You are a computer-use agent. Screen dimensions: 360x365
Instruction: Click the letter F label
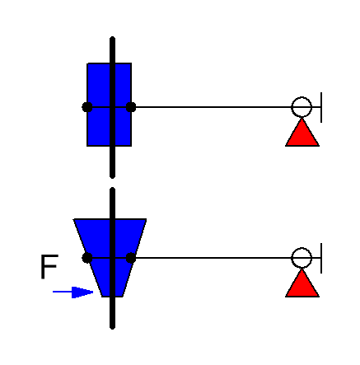coord(49,267)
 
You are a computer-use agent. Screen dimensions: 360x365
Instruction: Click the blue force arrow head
coord(82,292)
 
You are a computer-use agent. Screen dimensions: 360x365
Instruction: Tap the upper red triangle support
coord(302,133)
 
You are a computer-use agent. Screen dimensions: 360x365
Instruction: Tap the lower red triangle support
coord(302,283)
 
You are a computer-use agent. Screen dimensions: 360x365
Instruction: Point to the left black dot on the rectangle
coord(87,107)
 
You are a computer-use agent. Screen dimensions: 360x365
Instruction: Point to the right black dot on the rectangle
coord(131,107)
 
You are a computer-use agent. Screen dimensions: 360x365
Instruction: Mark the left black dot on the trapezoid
coord(87,258)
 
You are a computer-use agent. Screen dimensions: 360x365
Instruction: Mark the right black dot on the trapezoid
coord(131,258)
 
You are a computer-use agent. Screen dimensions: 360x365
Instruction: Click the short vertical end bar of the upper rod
coord(321,107)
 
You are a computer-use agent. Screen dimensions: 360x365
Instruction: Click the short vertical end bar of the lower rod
coord(321,258)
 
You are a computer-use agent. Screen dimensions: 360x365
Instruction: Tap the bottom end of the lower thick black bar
coord(112,328)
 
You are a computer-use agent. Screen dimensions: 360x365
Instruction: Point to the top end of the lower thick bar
coord(112,189)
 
